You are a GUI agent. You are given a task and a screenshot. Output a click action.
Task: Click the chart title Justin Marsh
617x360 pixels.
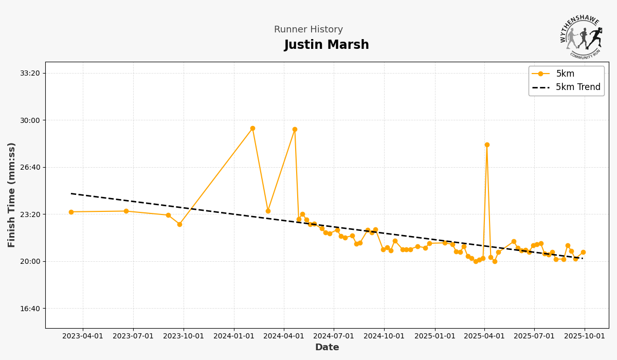pyautogui.click(x=326, y=45)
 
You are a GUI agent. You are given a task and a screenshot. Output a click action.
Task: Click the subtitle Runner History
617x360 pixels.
pyautogui.click(x=308, y=30)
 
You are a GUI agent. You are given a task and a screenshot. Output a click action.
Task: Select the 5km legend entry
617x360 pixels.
pyautogui.click(x=565, y=74)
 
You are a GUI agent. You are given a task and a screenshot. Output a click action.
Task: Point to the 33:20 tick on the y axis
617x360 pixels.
pyautogui.click(x=30, y=73)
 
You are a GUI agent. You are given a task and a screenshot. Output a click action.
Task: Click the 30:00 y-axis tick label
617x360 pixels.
pyautogui.click(x=30, y=120)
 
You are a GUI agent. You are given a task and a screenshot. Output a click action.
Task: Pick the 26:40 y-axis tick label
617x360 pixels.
pyautogui.click(x=30, y=167)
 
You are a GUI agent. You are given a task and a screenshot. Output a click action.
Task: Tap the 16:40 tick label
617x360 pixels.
pyautogui.click(x=30, y=309)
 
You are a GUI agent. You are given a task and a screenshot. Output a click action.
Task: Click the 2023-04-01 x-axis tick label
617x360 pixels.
pyautogui.click(x=83, y=336)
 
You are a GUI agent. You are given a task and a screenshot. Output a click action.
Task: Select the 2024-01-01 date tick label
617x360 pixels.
pyautogui.click(x=234, y=336)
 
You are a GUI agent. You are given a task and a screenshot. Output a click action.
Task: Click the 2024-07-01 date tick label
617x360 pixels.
pyautogui.click(x=334, y=336)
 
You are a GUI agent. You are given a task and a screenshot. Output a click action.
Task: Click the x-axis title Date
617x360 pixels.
pyautogui.click(x=327, y=348)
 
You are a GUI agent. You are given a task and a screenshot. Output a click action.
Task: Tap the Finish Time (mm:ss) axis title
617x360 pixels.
pyautogui.click(x=12, y=195)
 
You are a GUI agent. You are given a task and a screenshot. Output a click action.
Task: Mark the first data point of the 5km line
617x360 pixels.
pyautogui.click(x=71, y=212)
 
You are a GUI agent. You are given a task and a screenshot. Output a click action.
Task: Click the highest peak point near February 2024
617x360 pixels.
pyautogui.click(x=252, y=129)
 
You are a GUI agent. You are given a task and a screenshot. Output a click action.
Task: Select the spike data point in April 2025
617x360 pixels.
pyautogui.click(x=487, y=145)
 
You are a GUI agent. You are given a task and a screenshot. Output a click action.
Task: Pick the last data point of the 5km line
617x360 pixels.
pyautogui.click(x=583, y=253)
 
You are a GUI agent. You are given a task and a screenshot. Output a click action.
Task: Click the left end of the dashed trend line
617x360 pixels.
pyautogui.click(x=71, y=194)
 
